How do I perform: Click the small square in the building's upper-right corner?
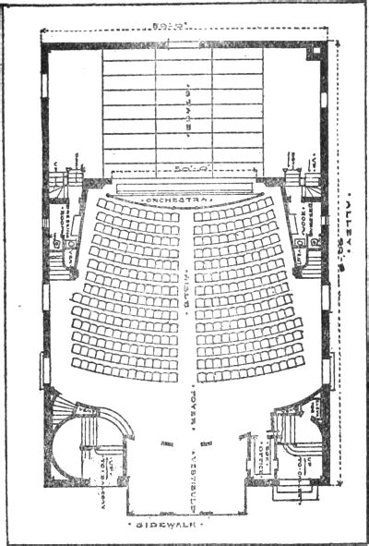[315, 50]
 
